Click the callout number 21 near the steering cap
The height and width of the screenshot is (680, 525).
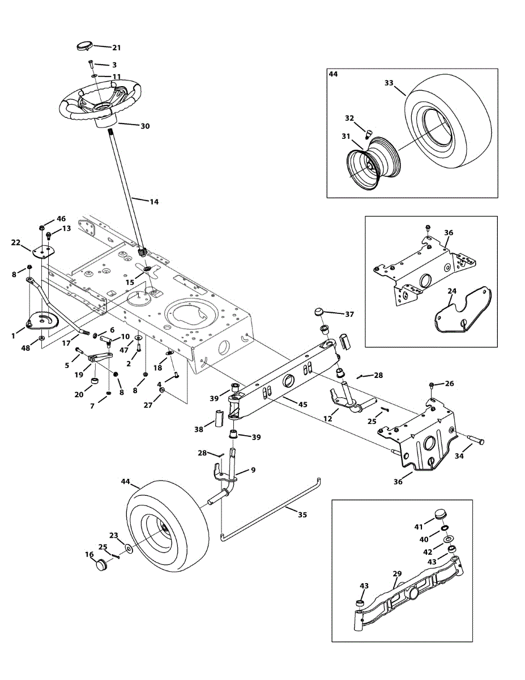116,48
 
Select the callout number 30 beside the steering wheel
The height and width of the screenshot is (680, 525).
145,126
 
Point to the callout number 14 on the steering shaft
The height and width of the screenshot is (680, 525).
154,201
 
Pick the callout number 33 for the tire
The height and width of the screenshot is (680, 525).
389,83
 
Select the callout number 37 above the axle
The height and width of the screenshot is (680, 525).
349,314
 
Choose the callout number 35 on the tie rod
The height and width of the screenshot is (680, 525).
302,515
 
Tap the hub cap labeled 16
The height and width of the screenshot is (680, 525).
101,566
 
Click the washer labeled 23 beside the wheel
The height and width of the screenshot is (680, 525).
130,549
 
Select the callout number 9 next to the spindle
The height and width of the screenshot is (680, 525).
253,469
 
